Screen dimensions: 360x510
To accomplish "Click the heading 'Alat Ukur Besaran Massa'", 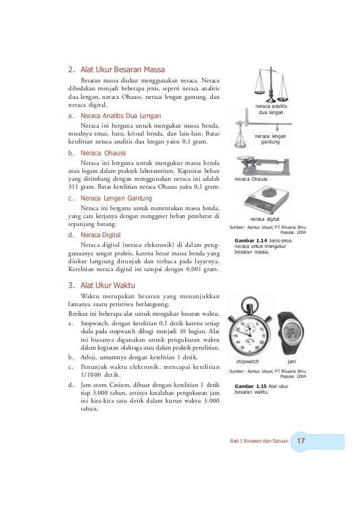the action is pos(122,69).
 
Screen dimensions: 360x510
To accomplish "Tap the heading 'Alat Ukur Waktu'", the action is pos(108,285).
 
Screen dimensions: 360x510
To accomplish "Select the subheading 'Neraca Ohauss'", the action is pos(103,153).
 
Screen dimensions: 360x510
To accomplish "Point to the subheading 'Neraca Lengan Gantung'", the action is pos(116,198).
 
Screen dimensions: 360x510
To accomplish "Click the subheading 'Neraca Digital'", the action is pos(100,235).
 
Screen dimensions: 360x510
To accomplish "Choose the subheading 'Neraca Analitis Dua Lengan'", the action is pos(121,116).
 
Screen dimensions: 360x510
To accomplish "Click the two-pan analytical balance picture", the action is pos(271,85).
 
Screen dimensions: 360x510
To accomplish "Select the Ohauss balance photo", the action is pos(262,165).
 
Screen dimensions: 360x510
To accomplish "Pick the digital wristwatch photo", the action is pos(290,333).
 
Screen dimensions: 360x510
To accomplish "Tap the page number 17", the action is pos(301,441).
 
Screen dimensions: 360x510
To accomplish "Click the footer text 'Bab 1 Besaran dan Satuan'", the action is pos(259,441).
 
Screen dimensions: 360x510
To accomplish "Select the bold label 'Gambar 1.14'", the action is pos(251,241).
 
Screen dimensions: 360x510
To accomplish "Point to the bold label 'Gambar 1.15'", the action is pos(251,386).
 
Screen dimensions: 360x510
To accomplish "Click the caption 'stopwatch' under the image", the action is pos(247,361).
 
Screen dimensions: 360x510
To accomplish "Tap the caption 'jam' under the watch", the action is pos(292,361).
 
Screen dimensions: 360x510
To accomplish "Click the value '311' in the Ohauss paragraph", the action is pos(73,187).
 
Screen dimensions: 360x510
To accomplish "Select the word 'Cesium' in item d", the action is pos(120,385).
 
